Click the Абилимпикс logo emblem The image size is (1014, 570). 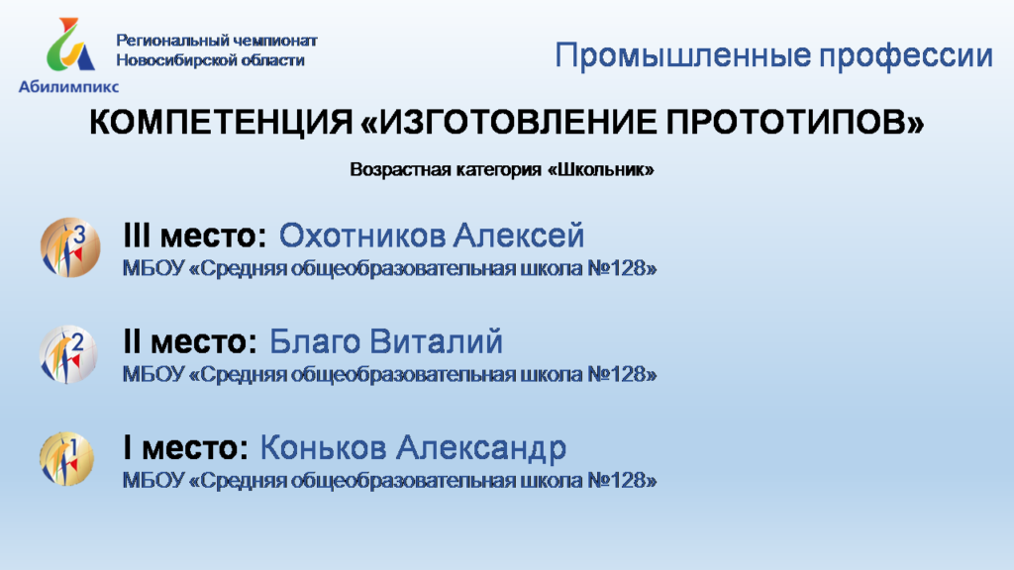(x=70, y=44)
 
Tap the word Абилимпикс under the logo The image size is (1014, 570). (x=68, y=87)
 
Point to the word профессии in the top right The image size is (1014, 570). (x=905, y=56)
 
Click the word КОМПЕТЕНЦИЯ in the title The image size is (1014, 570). (x=221, y=122)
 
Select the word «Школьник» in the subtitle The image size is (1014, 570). (x=601, y=169)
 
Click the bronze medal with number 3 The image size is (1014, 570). (x=70, y=247)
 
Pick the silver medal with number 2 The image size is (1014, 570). (x=68, y=354)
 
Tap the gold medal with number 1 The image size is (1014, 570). (x=66, y=459)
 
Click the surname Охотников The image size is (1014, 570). (x=361, y=236)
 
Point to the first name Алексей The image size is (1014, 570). (x=518, y=236)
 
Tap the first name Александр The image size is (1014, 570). (x=481, y=448)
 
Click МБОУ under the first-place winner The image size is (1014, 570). (x=153, y=480)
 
